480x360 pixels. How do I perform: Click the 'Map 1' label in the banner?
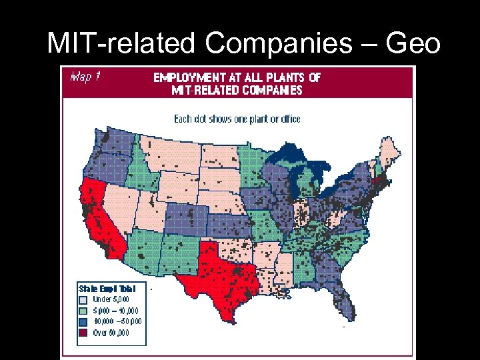pyautogui.click(x=85, y=77)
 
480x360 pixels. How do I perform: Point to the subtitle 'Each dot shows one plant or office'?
pyautogui.click(x=237, y=119)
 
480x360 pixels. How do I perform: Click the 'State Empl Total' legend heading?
pyautogui.click(x=107, y=289)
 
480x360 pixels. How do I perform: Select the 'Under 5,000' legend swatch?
pyautogui.click(x=83, y=299)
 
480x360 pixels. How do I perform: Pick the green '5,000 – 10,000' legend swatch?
pyautogui.click(x=83, y=310)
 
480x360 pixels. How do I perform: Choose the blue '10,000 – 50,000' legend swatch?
pyautogui.click(x=83, y=321)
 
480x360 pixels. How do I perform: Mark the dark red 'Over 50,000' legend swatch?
pyautogui.click(x=83, y=332)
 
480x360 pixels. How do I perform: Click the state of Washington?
pyautogui.click(x=110, y=143)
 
